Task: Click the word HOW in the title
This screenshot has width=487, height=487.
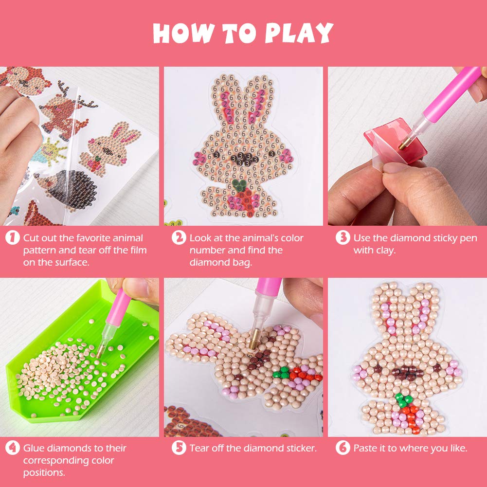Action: point(182,34)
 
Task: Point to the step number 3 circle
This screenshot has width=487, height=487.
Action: point(343,238)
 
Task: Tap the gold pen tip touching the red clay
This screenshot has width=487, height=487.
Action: point(403,144)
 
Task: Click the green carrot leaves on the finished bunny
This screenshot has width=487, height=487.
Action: point(404,400)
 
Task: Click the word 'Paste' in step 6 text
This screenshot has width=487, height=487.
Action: point(366,448)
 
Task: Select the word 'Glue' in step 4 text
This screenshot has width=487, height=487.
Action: point(34,448)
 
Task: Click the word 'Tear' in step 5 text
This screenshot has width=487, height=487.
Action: point(200,448)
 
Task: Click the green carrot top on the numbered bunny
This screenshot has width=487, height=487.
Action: point(239,184)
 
